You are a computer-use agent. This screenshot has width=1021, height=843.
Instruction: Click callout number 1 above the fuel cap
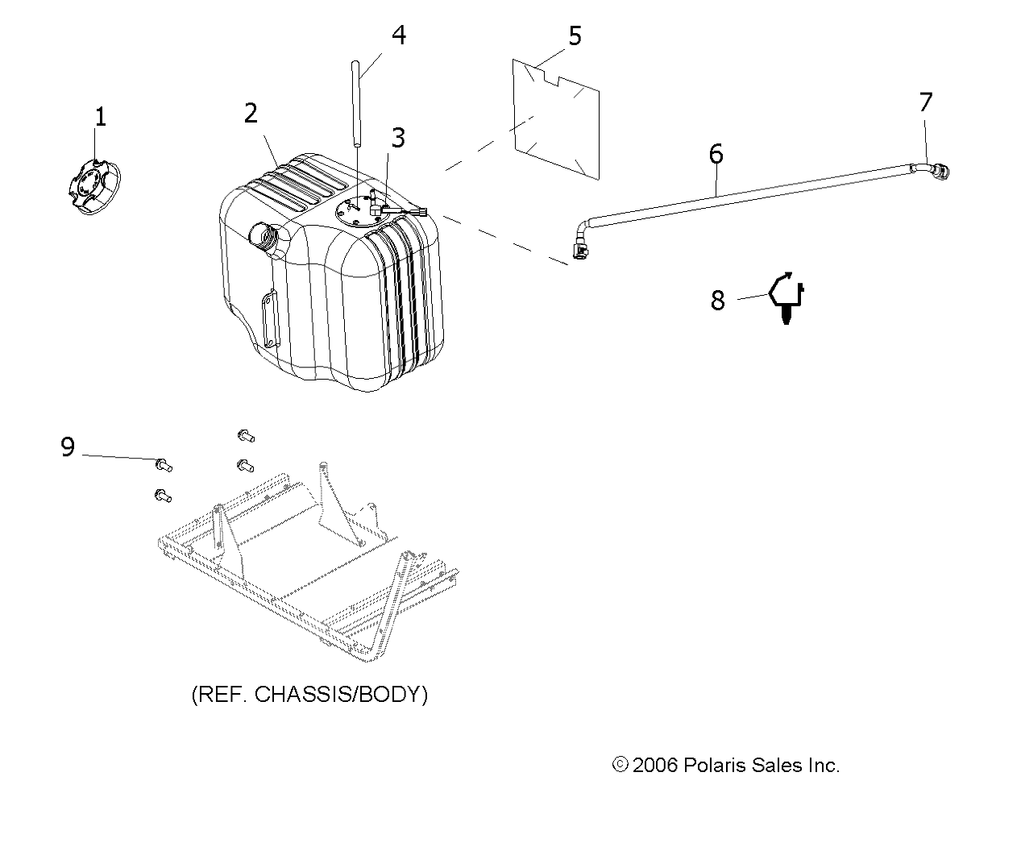click(x=100, y=118)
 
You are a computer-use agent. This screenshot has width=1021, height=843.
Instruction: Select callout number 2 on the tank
click(x=251, y=114)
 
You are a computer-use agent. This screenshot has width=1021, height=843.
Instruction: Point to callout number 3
click(x=398, y=138)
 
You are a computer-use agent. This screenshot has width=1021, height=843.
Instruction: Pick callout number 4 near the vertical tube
click(x=399, y=35)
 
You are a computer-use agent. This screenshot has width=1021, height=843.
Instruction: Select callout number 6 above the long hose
click(x=716, y=154)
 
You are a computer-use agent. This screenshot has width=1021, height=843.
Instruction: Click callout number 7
click(x=926, y=102)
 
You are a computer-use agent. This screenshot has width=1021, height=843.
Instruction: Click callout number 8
click(x=717, y=301)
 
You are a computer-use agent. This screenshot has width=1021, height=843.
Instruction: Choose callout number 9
click(x=68, y=446)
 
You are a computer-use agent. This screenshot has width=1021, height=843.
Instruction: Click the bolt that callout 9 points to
click(x=164, y=465)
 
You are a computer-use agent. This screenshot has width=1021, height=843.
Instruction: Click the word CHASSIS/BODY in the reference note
click(x=341, y=695)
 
